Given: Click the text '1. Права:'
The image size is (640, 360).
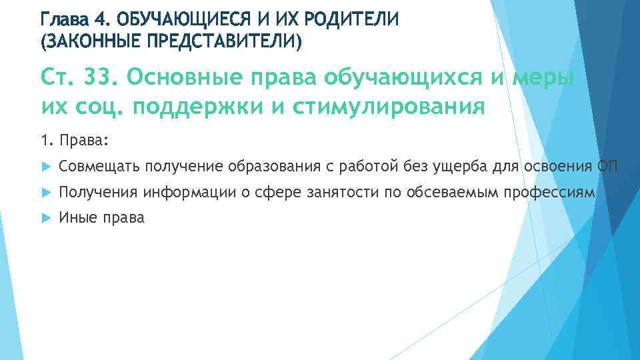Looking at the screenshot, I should pos(75,141).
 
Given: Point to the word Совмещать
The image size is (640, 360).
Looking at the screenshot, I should pos(99,166).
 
